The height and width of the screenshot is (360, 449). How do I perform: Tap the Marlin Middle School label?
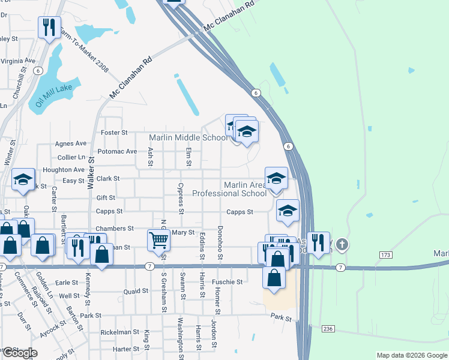[188, 137]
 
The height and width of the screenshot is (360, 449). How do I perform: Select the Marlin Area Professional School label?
[229, 189]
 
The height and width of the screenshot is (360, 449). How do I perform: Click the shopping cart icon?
[158, 240]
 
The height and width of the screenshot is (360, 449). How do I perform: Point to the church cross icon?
[342, 244]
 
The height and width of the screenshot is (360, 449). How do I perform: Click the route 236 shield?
[327, 329]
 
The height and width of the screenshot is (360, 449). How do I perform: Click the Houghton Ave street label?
[64, 170]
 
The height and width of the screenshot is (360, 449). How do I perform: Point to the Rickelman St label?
[119, 332]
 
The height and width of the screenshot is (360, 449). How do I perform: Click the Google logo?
[19, 353]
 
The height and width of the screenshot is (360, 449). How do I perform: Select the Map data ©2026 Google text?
[411, 355]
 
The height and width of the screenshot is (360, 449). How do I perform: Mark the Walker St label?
[92, 173]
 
